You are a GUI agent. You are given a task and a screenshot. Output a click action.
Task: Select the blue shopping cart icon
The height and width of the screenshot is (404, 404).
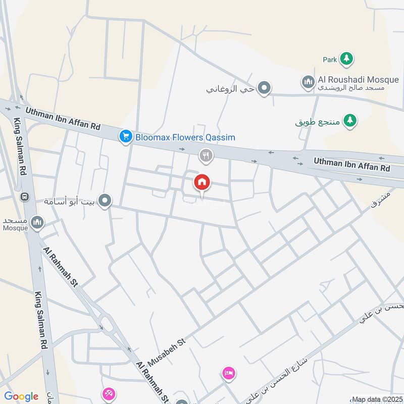(126, 136)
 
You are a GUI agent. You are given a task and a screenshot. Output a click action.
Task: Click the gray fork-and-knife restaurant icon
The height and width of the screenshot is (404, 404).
(206, 156)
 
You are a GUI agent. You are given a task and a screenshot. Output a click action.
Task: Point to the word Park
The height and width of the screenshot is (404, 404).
(330, 60)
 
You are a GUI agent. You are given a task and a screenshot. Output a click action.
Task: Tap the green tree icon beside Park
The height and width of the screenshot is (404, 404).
(346, 59)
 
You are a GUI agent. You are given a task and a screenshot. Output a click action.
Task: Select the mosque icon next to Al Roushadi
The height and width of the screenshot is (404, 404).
(308, 81)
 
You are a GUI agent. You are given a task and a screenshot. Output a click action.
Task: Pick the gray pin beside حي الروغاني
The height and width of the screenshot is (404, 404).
(264, 89)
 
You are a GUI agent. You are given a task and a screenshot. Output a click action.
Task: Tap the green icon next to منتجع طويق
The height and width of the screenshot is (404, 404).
(349, 121)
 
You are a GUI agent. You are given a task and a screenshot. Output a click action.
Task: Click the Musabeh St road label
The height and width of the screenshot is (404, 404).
(167, 352)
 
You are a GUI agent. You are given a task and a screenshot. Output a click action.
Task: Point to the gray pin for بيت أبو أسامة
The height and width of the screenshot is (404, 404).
(105, 201)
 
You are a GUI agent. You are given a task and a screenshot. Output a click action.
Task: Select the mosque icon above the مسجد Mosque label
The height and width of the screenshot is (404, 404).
(37, 222)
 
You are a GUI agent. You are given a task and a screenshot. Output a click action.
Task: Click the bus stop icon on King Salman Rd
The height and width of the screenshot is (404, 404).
(23, 196)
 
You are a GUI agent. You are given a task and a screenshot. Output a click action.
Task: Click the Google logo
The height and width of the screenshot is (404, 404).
(21, 396)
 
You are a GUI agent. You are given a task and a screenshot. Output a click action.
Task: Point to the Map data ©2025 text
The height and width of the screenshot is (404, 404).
(377, 399)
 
